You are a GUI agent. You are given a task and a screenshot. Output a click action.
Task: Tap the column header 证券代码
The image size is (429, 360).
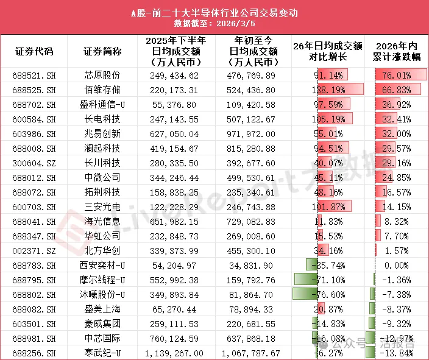pyautogui.click(x=34, y=52)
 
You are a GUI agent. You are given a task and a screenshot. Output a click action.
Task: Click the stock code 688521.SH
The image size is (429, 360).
pyautogui.click(x=34, y=76)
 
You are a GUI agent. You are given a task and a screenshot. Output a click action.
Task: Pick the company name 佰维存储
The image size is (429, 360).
pyautogui.click(x=102, y=89)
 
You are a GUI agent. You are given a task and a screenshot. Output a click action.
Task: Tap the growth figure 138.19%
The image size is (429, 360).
pyautogui.click(x=329, y=89)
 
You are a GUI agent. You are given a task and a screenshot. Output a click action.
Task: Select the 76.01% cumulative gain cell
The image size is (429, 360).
pyautogui.click(x=400, y=76)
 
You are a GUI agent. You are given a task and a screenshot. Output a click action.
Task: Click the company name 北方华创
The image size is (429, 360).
pyautogui.click(x=102, y=250)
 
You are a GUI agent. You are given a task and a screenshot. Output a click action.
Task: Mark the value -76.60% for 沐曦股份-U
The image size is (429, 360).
pyautogui.click(x=329, y=294)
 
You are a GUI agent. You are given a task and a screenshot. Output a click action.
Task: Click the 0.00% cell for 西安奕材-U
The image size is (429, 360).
pyautogui.click(x=400, y=265)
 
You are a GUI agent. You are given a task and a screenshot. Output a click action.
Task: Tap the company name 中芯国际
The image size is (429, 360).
pyautogui.click(x=102, y=338)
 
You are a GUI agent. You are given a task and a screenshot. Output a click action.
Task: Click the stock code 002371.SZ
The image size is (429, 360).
pyautogui.click(x=34, y=250)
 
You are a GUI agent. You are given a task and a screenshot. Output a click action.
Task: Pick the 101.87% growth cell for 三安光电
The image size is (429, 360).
pyautogui.click(x=329, y=206)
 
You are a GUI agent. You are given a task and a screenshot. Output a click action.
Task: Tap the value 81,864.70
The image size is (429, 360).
pyautogui.click(x=252, y=294)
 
